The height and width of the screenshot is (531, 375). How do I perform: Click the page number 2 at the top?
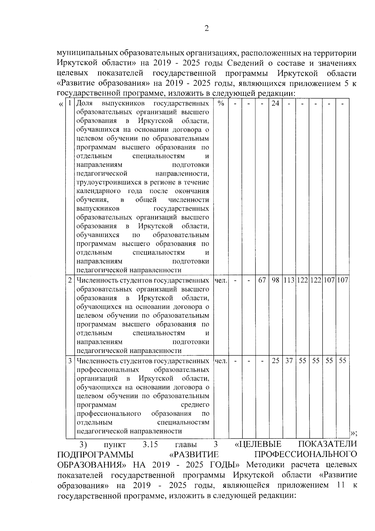click(x=206, y=29)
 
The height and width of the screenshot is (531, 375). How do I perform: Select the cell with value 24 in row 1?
click(x=275, y=103)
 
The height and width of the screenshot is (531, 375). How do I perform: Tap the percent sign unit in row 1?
click(x=221, y=103)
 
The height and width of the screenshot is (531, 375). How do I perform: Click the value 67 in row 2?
click(x=262, y=280)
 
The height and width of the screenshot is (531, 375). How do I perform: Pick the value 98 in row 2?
click(x=275, y=280)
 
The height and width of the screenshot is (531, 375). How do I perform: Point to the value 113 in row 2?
click(x=289, y=280)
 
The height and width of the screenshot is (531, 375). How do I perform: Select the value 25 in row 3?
click(x=275, y=360)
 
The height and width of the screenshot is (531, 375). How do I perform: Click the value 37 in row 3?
click(x=289, y=360)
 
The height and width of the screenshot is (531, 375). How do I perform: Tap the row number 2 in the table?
click(x=70, y=280)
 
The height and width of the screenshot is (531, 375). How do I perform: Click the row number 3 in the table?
click(x=70, y=360)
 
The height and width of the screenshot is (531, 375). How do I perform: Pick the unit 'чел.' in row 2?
click(x=221, y=280)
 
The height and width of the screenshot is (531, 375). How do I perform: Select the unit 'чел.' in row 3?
click(x=221, y=360)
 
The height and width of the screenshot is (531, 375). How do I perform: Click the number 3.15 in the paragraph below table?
click(x=150, y=444)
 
